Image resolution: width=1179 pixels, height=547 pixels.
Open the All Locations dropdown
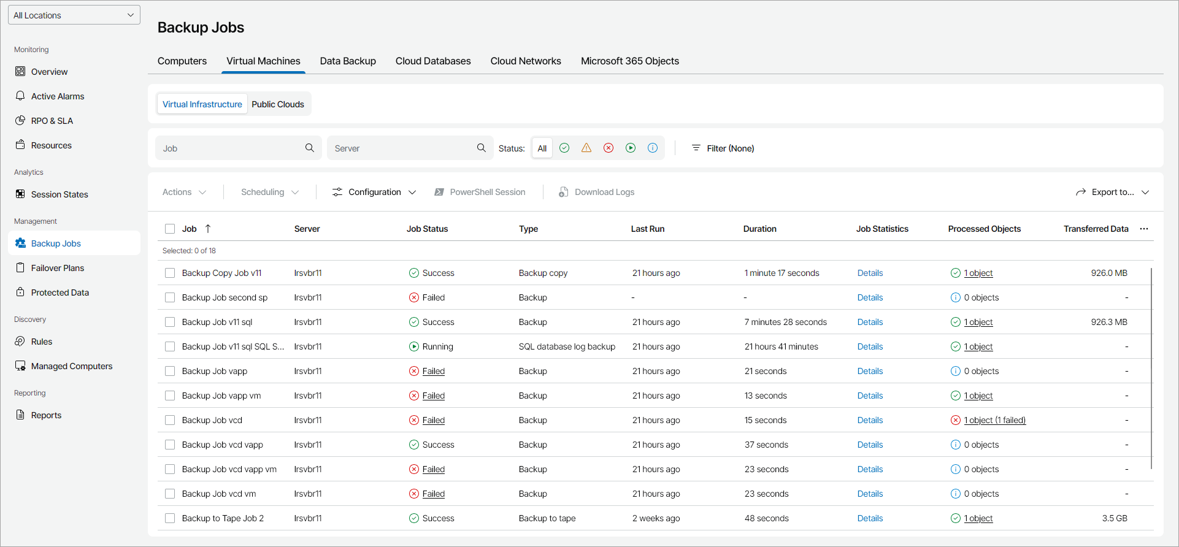coord(74,15)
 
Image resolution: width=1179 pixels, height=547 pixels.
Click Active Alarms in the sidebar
coord(58,96)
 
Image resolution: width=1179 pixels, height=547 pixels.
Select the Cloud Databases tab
coord(433,61)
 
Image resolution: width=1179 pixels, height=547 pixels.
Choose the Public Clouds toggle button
coord(277,104)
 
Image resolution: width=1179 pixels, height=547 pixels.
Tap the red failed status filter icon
coord(609,148)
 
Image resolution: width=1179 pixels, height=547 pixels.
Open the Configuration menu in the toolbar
coord(374,192)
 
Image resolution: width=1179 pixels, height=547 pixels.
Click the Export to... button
coord(1112,192)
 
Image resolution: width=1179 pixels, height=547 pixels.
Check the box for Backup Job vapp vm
coord(170,396)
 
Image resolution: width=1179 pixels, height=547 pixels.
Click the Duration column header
coord(759,229)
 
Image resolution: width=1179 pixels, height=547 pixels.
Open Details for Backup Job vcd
coord(870,420)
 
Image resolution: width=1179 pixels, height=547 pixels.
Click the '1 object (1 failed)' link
coord(994,420)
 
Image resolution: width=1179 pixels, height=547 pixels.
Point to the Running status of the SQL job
coord(437,346)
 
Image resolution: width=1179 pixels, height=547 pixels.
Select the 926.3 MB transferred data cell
coord(1108,322)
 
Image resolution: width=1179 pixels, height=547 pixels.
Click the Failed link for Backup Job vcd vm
coord(433,494)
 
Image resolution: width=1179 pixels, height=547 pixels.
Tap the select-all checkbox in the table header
coord(170,229)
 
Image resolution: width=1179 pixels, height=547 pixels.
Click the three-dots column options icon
coord(1144,229)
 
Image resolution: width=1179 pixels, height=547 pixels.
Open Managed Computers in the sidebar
coord(72,366)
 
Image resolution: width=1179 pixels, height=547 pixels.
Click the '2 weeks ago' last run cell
coord(656,518)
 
